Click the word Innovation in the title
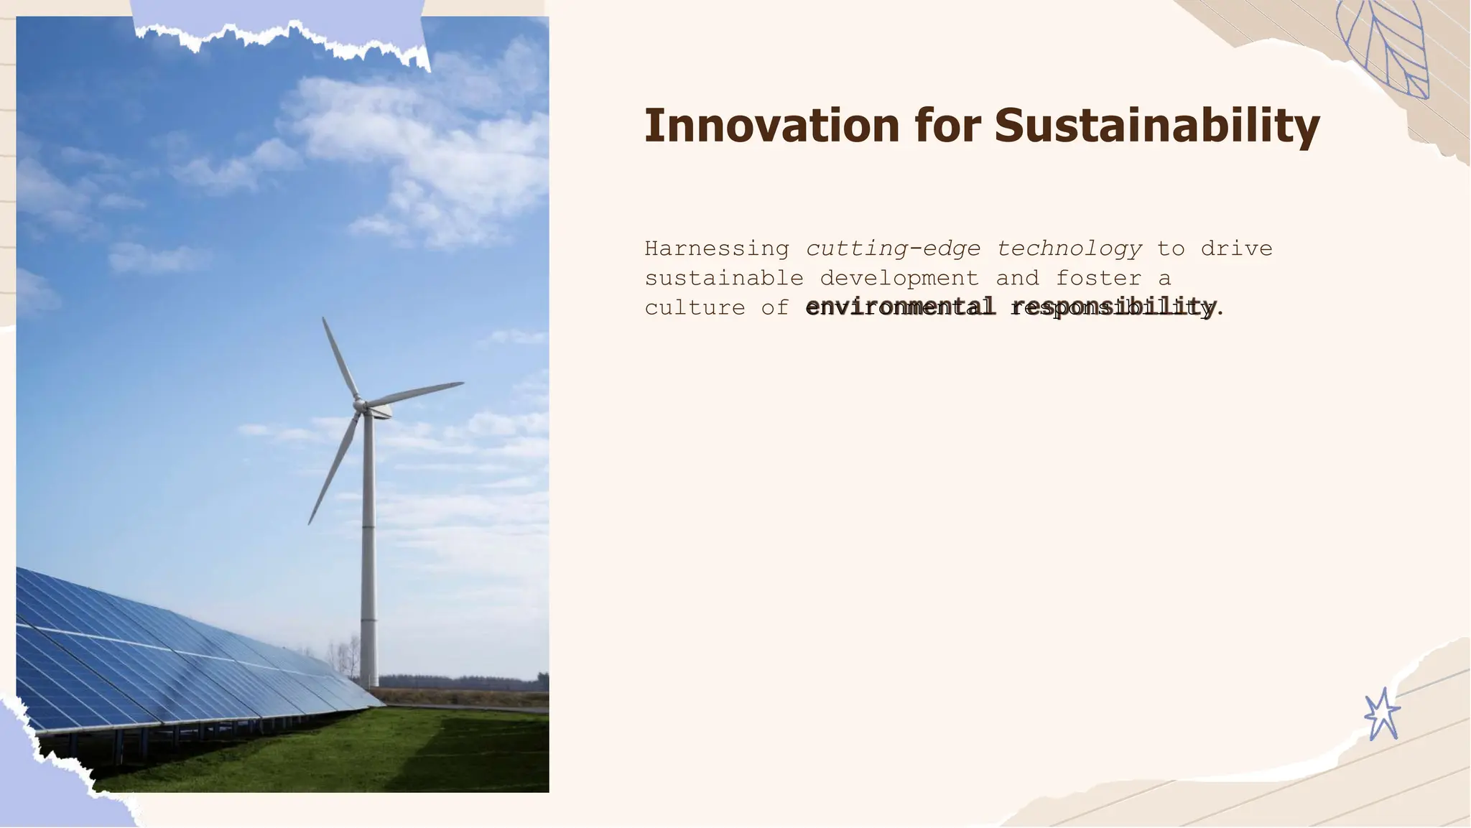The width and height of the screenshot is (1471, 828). point(771,126)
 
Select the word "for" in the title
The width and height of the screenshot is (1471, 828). point(947,126)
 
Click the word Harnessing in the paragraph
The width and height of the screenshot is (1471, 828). point(716,248)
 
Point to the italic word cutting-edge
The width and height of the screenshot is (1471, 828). point(893,248)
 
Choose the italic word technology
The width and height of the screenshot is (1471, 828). point(1069,248)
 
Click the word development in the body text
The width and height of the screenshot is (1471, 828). point(899,278)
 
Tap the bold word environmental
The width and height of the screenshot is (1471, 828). point(900,307)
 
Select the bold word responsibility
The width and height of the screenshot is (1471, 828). point(1113,307)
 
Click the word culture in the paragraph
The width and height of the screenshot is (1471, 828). point(695,307)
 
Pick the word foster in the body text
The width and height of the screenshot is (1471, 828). point(1098,278)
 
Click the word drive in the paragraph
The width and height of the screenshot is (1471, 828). point(1236,248)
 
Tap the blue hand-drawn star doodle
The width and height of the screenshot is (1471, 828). point(1382,715)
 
